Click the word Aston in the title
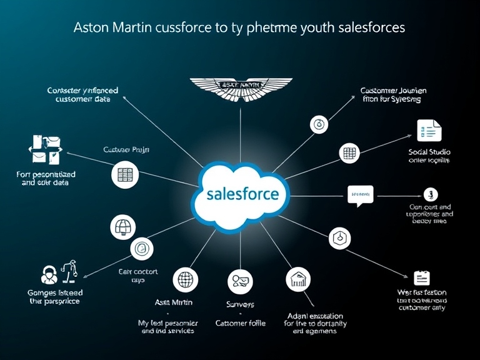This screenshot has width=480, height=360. click(x=92, y=27)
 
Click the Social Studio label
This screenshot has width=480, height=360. click(x=429, y=152)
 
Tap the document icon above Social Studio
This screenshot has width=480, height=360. click(x=429, y=129)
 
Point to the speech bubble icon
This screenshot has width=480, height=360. click(x=360, y=196)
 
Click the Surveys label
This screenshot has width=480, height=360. click(x=240, y=304)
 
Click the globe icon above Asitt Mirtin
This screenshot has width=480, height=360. click(x=186, y=279)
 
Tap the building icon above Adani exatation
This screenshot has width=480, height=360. click(x=298, y=279)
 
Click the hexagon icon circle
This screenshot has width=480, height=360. click(x=340, y=237)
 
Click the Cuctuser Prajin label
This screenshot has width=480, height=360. click(x=126, y=150)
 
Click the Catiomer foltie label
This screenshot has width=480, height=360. click(x=241, y=323)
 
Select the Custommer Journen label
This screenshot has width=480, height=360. click(x=393, y=91)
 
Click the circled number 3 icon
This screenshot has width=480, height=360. click(x=430, y=194)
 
